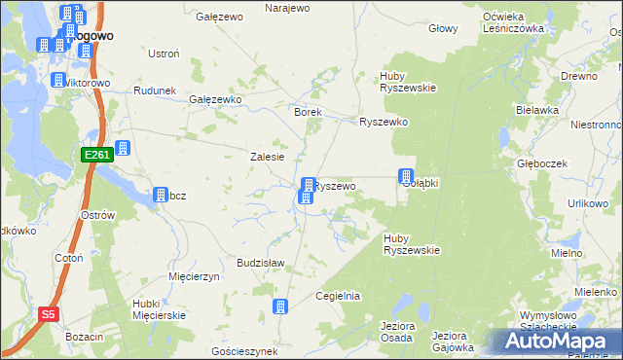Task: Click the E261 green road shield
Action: tap(96, 155)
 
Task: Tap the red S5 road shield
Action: tap(50, 314)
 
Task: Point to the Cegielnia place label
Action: tap(339, 296)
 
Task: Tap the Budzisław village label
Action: tap(260, 263)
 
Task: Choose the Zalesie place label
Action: tap(267, 157)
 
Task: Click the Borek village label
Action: tap(308, 112)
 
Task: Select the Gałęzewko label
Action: tap(215, 99)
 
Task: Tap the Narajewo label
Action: tap(287, 8)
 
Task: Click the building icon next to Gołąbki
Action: tap(405, 176)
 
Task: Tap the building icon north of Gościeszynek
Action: tap(280, 306)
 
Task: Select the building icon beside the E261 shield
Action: tap(124, 150)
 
